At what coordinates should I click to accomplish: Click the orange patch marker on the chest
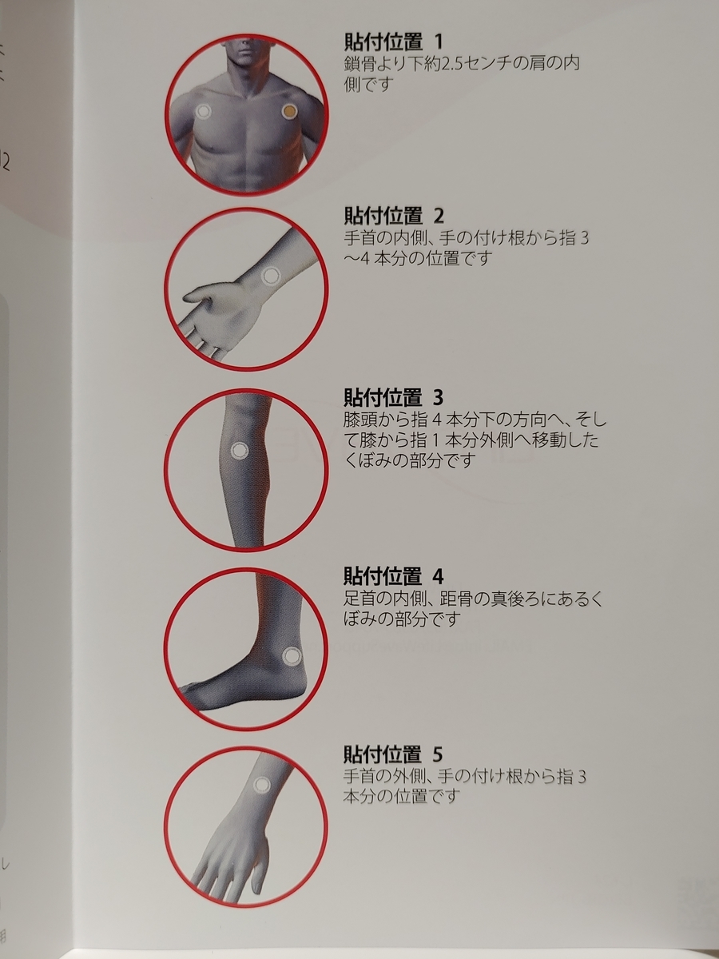tap(289, 113)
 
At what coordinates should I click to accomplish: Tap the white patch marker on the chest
tap(203, 112)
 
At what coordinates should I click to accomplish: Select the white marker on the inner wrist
tap(271, 276)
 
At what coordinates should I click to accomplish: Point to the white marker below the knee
tap(239, 451)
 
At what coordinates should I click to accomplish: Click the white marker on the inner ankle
tap(292, 655)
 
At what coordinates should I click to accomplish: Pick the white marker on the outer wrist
tap(262, 785)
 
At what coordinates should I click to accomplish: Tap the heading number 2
tap(439, 216)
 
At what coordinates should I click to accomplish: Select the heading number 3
tap(439, 397)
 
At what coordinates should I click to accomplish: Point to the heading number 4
tap(439, 577)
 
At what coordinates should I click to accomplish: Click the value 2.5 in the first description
tap(453, 64)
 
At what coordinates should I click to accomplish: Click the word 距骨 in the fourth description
tap(455, 599)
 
